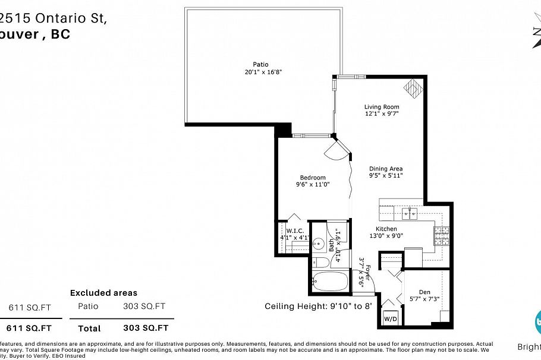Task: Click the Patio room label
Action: click(260, 64)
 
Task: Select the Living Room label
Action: click(381, 107)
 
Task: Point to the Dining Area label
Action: click(386, 168)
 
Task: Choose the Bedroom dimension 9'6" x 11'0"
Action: click(313, 185)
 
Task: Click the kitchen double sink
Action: click(409, 212)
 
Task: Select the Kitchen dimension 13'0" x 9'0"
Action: click(386, 236)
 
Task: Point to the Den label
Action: click(424, 291)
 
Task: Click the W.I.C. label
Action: click(295, 230)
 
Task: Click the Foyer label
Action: click(368, 273)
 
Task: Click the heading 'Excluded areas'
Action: click(103, 293)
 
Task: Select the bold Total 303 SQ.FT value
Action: click(146, 328)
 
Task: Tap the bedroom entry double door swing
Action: click(336, 150)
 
